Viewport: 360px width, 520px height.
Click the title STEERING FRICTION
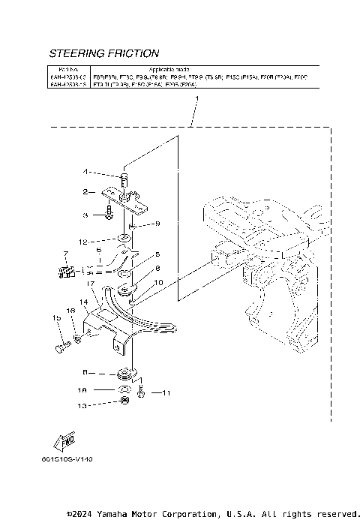[x=103, y=54]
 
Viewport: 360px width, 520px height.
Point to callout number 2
[x=86, y=191]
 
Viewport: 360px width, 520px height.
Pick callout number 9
[x=157, y=224]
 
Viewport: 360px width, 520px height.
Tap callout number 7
[x=65, y=254]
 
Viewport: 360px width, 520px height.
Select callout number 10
[x=157, y=283]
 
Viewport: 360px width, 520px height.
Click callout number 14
[x=85, y=302]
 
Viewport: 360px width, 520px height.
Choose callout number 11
[x=167, y=392]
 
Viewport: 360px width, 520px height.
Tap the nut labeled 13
[x=124, y=404]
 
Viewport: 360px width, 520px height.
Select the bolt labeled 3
[x=109, y=214]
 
